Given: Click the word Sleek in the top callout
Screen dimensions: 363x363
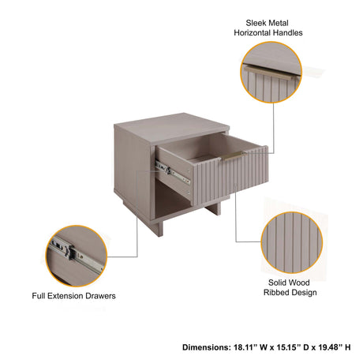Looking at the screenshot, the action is (x=255, y=23).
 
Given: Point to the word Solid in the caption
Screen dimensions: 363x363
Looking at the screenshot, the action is (x=277, y=283).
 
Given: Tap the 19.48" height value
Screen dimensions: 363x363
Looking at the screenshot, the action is (x=330, y=347).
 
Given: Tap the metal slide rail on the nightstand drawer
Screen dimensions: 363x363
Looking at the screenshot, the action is (x=172, y=172).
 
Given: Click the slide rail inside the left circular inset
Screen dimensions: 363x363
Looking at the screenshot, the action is (x=78, y=254).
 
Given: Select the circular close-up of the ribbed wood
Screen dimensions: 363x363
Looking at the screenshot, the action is (x=292, y=242).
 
